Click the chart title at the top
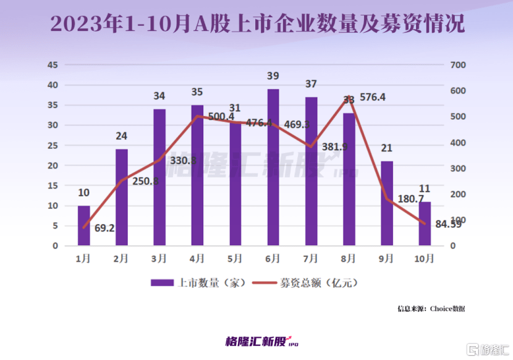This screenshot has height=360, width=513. click(256, 24)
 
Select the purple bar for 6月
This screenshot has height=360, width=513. click(273, 167)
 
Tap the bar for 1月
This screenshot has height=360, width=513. click(83, 225)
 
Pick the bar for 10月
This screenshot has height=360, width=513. click(425, 224)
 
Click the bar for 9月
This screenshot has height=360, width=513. click(387, 203)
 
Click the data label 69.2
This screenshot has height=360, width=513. click(104, 228)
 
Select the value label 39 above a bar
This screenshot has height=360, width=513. click(273, 76)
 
